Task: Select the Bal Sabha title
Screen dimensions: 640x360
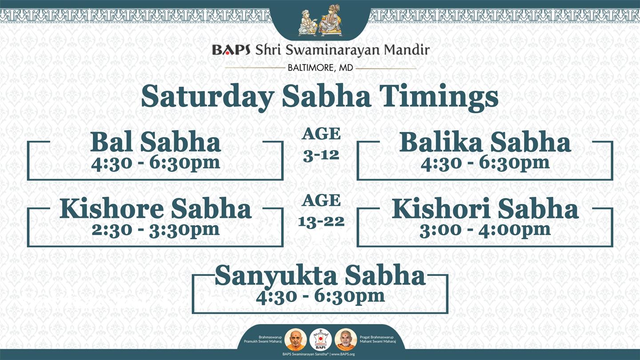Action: click(x=156, y=142)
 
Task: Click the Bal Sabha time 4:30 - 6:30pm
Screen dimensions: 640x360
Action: click(x=156, y=164)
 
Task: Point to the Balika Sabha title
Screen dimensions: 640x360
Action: click(x=485, y=142)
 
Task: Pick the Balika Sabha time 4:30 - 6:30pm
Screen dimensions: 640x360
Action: click(x=485, y=164)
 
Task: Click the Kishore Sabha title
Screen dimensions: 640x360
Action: click(x=156, y=208)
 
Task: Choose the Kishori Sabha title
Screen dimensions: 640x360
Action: click(x=485, y=208)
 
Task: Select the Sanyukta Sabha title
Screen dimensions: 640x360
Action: click(x=320, y=275)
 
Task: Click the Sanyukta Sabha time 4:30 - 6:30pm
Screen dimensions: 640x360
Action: click(x=320, y=296)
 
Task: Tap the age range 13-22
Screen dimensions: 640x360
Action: click(x=321, y=222)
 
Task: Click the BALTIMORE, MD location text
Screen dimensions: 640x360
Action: click(x=320, y=68)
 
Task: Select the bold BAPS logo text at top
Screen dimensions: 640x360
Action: click(x=231, y=50)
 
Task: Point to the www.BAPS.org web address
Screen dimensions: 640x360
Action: click(x=343, y=354)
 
